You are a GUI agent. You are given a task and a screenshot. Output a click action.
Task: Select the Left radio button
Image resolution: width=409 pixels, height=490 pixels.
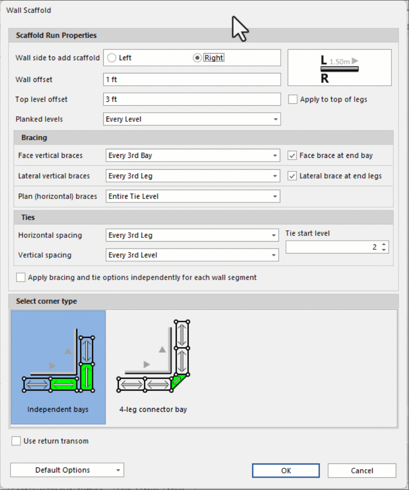112,58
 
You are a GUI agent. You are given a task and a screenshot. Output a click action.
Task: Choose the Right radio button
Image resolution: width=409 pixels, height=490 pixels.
197,58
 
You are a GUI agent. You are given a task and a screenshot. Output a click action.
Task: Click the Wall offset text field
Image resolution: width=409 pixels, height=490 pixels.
192,79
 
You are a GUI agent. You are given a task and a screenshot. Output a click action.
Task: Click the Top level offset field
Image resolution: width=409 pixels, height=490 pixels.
192,100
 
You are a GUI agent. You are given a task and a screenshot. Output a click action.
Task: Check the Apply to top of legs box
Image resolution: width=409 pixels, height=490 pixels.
293,100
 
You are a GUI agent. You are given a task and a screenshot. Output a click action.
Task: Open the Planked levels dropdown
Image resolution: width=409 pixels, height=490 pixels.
192,119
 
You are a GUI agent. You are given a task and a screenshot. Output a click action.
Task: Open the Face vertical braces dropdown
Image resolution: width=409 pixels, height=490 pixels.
193,155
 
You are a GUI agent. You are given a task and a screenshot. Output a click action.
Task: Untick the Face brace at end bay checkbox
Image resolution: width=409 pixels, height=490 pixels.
292,155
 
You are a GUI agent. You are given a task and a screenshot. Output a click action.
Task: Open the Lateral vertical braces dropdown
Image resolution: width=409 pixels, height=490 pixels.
193,176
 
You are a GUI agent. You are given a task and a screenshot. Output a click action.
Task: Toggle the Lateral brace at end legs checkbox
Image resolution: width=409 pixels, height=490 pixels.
292,176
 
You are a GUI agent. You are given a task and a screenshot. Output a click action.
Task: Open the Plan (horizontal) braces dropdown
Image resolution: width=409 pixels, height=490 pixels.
193,196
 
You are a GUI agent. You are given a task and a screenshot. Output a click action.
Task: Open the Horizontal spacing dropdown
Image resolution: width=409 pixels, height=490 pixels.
192,236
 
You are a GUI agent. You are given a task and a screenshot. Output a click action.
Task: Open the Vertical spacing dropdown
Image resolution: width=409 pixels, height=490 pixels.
192,255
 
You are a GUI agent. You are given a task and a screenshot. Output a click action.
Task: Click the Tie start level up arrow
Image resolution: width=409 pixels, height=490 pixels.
384,244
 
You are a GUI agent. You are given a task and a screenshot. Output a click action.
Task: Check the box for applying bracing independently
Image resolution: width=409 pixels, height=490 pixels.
21,278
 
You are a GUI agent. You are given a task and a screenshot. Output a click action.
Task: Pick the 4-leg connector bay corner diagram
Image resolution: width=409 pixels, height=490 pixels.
153,366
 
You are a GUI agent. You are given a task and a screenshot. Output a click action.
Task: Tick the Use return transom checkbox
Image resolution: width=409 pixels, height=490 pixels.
16,441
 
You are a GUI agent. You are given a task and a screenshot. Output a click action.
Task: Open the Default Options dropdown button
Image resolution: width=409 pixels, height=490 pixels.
67,470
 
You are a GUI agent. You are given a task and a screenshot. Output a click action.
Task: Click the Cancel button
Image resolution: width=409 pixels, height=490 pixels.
362,471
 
